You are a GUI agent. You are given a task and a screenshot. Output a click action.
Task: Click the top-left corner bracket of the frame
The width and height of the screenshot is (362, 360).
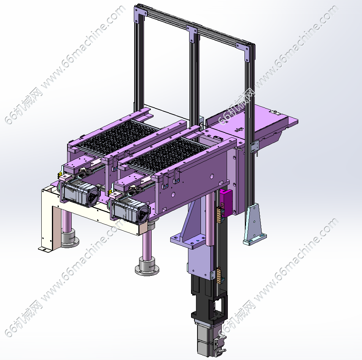click(140, 14)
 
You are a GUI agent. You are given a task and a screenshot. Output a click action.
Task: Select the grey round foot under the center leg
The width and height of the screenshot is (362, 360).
click(147, 266)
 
